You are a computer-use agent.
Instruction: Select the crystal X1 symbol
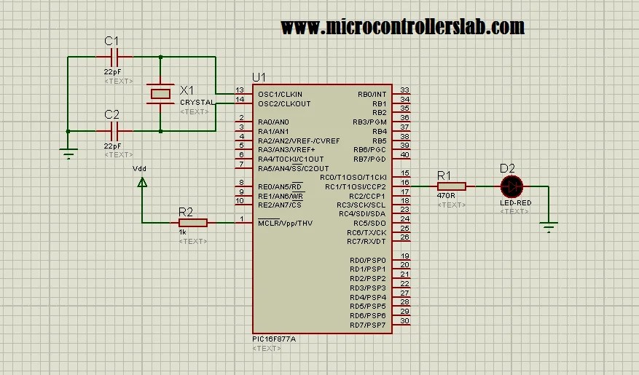click(160, 93)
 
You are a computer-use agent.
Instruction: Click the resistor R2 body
click(192, 223)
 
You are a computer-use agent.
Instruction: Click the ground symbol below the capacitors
click(68, 153)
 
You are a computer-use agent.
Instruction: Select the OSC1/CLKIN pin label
click(280, 95)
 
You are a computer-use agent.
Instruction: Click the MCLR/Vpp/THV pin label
click(285, 223)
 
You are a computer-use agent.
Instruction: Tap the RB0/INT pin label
click(372, 95)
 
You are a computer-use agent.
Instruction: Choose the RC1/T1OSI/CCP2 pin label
click(356, 186)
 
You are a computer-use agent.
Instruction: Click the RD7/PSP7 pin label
click(368, 325)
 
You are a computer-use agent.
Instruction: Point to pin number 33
click(405, 90)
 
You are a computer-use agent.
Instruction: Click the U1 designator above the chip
click(259, 77)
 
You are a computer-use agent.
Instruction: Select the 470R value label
click(447, 196)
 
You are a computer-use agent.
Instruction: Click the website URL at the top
click(402, 27)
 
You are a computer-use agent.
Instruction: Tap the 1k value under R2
click(182, 232)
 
